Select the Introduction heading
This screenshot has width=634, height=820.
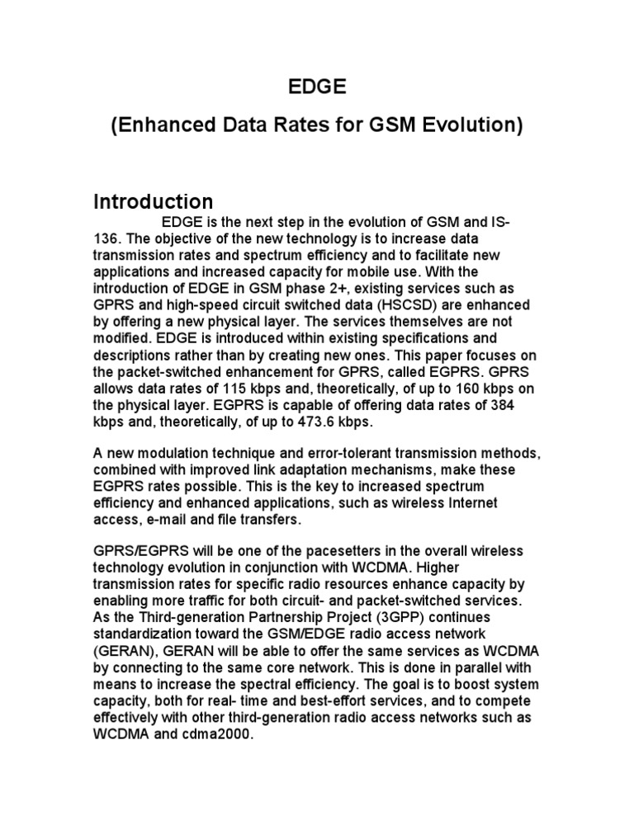tap(153, 201)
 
